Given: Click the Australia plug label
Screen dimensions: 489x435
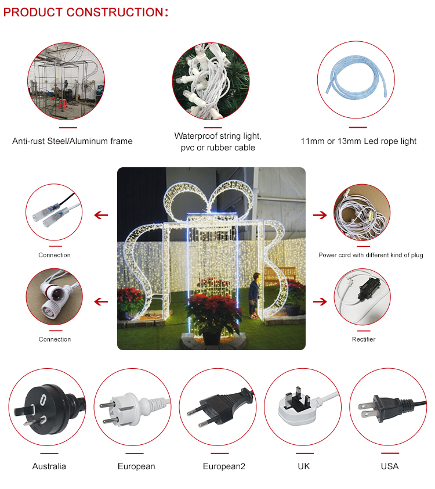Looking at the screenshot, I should [x=49, y=466].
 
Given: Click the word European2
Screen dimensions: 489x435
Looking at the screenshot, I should [x=224, y=466].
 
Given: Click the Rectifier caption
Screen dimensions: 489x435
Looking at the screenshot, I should [x=364, y=339].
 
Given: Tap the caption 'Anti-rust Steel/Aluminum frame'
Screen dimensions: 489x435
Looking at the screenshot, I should [x=72, y=141].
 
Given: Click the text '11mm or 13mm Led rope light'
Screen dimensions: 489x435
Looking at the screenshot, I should [x=358, y=141].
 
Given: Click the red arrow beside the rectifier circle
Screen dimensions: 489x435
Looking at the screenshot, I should [x=320, y=301].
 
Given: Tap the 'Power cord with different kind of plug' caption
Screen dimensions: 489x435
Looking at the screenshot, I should [x=371, y=255].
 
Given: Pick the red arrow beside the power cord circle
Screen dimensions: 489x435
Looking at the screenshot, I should [x=320, y=215].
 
